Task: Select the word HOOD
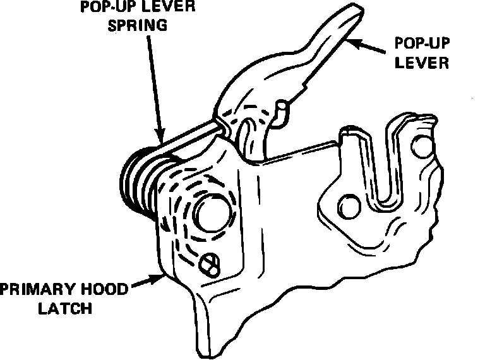(102, 290)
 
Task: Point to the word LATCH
(65, 309)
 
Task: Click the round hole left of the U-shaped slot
(347, 205)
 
